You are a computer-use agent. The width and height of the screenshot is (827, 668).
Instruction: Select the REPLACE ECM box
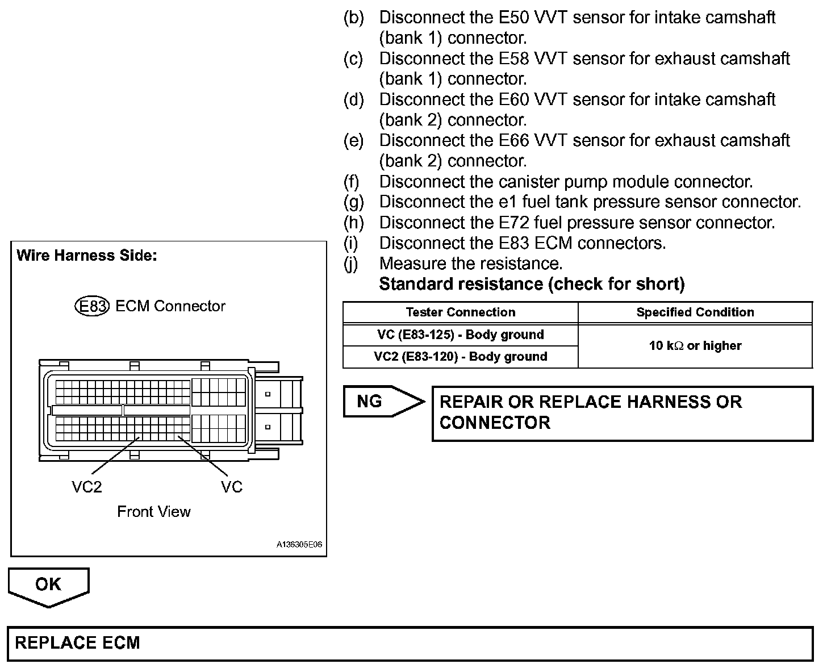pos(410,643)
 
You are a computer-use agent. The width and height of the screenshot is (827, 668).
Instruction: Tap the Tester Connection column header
pos(461,312)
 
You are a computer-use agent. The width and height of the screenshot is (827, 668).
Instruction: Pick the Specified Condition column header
pos(695,312)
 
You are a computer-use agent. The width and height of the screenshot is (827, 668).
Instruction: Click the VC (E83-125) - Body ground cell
pos(461,335)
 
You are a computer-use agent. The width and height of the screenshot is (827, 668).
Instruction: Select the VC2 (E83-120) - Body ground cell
pos(461,357)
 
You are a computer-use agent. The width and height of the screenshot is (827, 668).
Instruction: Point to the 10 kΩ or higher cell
pos(695,345)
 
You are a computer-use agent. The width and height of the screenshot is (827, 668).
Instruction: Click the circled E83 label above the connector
pos(91,306)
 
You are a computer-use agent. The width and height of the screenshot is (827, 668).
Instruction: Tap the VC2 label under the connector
pos(87,487)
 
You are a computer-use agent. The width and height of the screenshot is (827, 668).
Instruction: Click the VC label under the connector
pos(232,487)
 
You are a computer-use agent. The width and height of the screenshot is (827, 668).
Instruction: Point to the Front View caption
pos(154,512)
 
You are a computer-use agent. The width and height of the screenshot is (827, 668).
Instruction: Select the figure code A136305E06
pos(299,544)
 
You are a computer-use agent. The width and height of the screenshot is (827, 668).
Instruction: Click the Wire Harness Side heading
pos(87,256)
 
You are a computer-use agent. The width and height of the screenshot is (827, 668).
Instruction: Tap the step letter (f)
pos(352,182)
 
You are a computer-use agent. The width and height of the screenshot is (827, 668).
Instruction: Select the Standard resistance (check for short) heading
pos(532,284)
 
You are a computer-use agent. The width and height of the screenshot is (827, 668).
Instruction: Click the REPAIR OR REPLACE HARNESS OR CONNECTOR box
pos(623,413)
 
